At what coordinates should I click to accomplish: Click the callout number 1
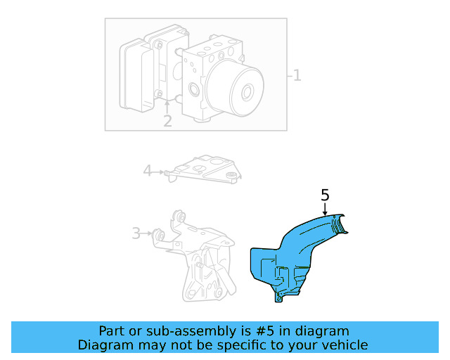(x=297, y=75)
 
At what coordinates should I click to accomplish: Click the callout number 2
(x=167, y=121)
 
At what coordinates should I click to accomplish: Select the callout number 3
(x=136, y=233)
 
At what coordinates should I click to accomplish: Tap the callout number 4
(x=148, y=170)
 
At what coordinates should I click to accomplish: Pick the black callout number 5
(x=325, y=195)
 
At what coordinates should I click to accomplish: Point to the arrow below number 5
(x=326, y=210)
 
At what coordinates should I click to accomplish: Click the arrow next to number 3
(x=152, y=233)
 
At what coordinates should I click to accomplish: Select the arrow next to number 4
(x=160, y=171)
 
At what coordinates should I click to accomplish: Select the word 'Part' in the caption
(x=112, y=330)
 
